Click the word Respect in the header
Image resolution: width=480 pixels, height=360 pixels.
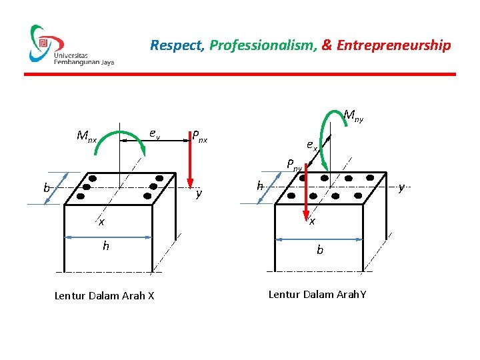point(176,45)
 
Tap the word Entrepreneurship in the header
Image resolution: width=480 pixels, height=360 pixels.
point(394,45)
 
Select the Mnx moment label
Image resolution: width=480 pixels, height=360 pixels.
point(87,137)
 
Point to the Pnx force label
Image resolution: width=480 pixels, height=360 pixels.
point(199,137)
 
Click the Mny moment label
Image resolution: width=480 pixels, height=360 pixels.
point(353,116)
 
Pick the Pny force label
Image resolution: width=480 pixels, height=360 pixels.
point(295,163)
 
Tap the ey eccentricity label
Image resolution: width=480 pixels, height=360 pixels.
point(154,134)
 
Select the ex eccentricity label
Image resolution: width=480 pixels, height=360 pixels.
point(312,144)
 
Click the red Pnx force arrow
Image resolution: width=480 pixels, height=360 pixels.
point(190,160)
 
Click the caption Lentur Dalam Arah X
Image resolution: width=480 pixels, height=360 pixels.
point(104,295)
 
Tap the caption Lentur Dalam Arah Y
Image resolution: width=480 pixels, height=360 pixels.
point(317,294)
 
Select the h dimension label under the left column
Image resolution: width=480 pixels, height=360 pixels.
point(105,246)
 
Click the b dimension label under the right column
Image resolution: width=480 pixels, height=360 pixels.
point(320,251)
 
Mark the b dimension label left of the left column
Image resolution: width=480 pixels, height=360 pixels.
point(47,188)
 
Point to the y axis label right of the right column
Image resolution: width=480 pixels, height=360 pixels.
point(401,189)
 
